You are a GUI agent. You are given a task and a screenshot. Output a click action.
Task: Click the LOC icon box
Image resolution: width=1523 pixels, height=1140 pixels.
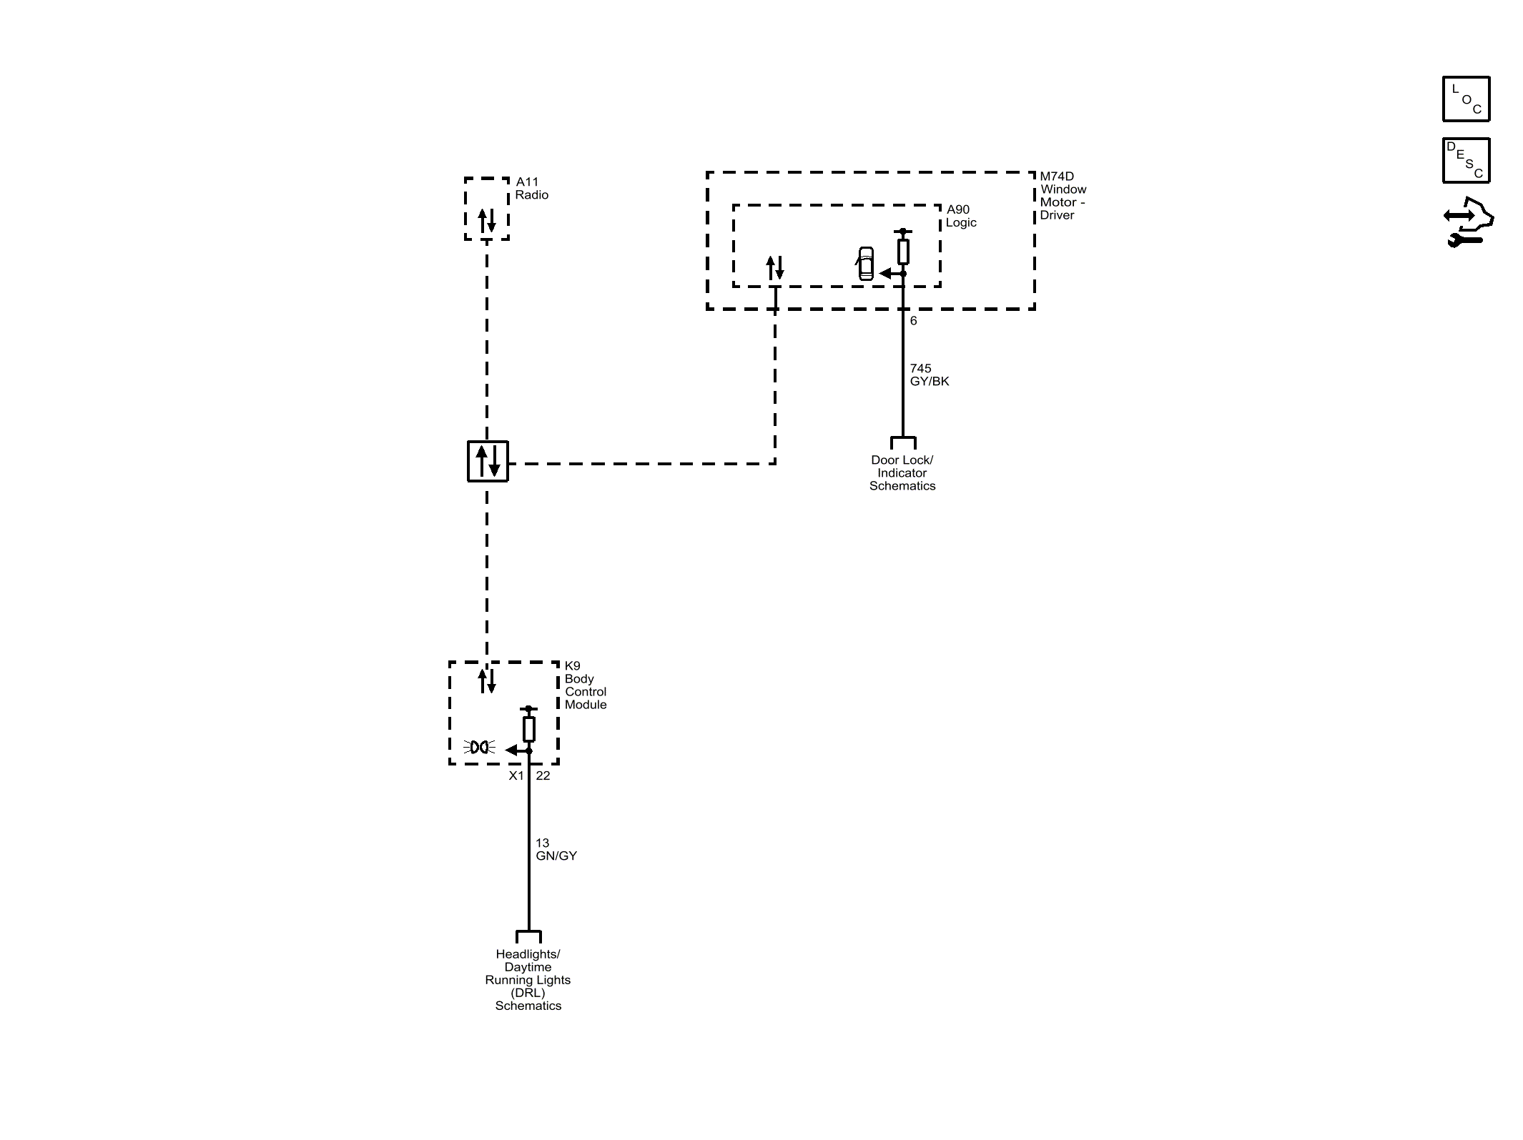1466,99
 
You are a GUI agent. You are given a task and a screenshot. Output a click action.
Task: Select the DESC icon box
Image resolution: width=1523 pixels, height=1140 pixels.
1466,161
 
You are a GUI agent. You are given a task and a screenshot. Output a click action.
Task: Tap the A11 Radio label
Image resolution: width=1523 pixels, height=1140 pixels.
532,189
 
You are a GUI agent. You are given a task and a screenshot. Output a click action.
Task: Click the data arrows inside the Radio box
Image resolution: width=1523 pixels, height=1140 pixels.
487,220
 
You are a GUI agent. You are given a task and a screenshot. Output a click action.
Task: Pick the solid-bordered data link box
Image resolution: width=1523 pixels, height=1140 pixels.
488,461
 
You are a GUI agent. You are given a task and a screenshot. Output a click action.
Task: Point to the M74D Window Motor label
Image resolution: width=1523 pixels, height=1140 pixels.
1063,196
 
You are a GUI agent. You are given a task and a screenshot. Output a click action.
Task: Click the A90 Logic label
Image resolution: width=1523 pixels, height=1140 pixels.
961,216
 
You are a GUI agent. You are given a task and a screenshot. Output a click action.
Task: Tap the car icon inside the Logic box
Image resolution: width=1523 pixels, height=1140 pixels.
865,263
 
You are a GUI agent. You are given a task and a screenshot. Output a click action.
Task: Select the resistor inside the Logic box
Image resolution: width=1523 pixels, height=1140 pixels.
903,252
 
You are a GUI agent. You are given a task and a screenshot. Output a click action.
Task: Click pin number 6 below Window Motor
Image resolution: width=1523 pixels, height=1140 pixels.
913,321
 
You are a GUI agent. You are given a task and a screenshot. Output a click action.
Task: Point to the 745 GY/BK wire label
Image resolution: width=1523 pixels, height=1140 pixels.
930,375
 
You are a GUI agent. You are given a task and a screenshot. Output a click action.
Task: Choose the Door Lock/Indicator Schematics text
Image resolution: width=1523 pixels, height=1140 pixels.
902,473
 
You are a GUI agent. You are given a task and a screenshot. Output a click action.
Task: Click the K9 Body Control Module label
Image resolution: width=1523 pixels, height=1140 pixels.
586,685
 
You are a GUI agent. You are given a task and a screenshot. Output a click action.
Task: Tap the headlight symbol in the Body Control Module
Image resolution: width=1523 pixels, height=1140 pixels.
480,748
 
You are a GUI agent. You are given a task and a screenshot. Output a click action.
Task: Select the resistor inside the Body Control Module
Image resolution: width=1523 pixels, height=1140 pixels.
529,729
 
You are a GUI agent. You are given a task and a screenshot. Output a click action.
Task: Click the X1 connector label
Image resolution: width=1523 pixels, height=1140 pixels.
516,776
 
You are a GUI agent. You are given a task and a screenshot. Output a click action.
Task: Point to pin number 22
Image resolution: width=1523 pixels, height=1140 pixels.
543,776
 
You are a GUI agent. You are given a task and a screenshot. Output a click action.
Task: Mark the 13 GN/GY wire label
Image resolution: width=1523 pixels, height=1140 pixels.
556,850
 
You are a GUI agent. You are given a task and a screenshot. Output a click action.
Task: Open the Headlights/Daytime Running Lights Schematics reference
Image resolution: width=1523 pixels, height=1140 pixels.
528,980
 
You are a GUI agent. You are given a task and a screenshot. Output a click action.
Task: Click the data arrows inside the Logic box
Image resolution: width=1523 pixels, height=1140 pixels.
775,268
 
